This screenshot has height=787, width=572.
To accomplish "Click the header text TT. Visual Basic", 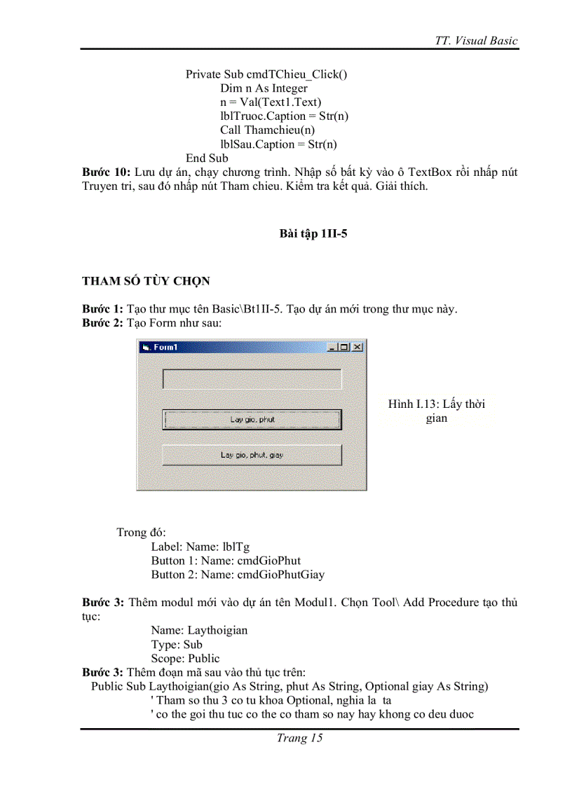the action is tap(476, 41).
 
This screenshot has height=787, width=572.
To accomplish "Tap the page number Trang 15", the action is tap(299, 738).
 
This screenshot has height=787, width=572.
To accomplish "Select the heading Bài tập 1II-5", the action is tap(313, 234).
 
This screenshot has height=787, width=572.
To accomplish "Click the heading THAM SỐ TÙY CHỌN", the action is tap(146, 281).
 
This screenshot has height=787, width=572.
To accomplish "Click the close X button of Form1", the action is tap(357, 347).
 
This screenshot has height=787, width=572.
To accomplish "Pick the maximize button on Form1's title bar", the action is tap(345, 347).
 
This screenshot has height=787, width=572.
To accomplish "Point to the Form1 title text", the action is tap(166, 347).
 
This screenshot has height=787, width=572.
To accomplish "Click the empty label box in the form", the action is tap(252, 378).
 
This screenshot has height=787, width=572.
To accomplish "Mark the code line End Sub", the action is tap(207, 158).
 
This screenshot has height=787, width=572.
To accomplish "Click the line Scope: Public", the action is tap(185, 658).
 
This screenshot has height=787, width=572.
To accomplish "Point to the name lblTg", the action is tap(234, 547).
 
